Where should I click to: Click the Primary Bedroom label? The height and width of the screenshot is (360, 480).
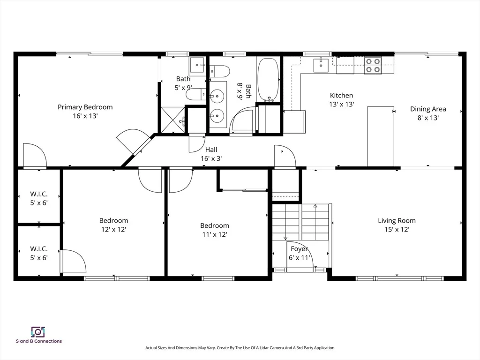pos(85,107)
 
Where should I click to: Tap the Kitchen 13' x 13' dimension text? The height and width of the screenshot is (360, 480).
pos(341,105)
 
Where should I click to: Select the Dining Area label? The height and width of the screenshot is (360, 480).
pos(428,109)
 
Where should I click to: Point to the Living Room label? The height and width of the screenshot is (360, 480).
pos(397,221)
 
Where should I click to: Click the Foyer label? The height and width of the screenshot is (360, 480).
pos(299,249)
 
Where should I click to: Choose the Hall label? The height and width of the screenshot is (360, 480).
pos(211,150)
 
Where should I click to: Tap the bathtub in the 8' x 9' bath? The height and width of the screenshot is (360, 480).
pos(268,80)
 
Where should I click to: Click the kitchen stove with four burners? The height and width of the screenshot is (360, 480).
pos(373,65)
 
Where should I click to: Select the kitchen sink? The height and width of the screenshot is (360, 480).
pos(321,65)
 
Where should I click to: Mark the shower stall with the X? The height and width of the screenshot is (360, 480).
pos(172,120)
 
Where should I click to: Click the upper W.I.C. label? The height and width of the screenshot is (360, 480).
pos(39,194)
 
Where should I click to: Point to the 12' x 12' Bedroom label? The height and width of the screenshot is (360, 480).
pos(113,221)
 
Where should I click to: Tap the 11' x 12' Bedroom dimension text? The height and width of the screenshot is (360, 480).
pos(214,234)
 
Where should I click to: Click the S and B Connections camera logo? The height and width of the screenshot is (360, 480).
pos(38,332)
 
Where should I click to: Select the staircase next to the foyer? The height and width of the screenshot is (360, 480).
pos(300,222)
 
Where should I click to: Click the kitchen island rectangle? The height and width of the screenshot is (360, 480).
pos(381,136)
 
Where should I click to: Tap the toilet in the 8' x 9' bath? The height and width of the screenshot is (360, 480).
pos(220,71)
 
